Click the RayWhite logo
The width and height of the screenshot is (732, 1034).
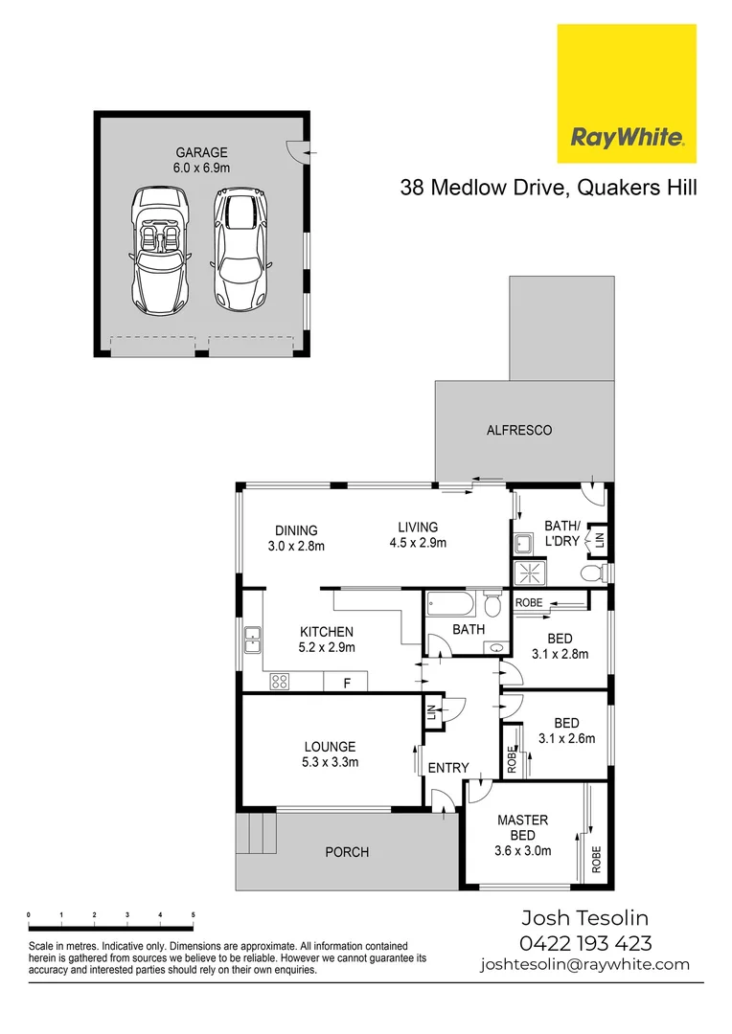627,94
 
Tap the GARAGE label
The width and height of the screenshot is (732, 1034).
201,152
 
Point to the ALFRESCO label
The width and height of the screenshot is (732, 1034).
519,431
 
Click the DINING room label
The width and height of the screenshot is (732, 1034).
296,530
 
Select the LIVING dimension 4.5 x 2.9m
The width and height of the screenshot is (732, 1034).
418,543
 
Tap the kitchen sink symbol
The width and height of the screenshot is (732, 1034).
253,639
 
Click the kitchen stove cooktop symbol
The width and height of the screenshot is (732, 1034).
280,682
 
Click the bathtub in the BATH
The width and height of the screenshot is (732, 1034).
449,605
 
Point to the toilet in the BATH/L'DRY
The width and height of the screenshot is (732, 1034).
592,573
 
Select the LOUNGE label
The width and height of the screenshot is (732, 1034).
330,747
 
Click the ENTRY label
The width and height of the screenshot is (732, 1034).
448,768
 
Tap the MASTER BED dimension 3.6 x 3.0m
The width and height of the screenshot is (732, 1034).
522,850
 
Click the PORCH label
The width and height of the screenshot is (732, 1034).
347,852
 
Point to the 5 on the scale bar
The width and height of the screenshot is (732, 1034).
194,916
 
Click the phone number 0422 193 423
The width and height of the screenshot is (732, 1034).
585,943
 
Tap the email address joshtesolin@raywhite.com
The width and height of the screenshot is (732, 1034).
584,965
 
